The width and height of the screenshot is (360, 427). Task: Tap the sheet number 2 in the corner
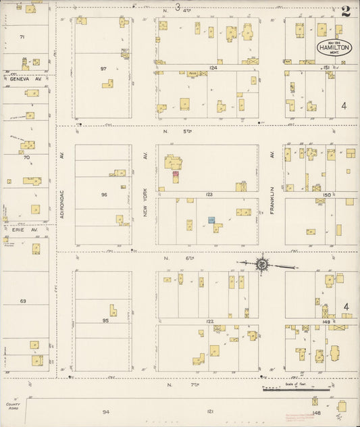346,11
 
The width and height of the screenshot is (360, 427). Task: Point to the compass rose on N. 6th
261,264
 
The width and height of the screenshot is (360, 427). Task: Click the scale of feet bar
296,389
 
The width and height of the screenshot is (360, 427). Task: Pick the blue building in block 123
211,220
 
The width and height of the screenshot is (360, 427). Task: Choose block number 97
103,68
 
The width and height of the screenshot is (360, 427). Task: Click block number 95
105,320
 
